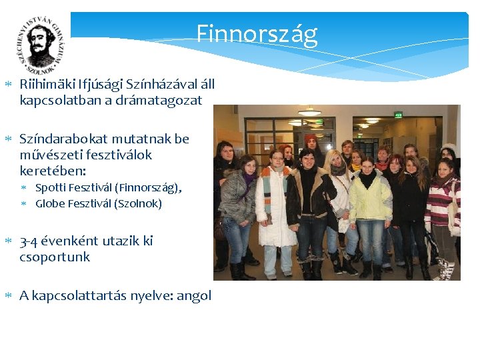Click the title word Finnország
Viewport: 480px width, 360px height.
click(x=257, y=34)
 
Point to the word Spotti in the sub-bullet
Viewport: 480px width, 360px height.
click(x=51, y=188)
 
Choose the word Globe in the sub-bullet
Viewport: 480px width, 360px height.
click(x=51, y=204)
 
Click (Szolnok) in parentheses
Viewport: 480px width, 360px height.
click(x=138, y=204)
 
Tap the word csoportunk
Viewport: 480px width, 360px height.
click(x=55, y=257)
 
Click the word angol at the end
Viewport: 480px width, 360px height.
click(x=195, y=295)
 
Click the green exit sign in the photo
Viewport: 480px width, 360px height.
click(x=398, y=114)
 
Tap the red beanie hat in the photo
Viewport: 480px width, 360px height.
click(x=311, y=138)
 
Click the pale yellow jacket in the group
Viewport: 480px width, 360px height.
click(x=371, y=195)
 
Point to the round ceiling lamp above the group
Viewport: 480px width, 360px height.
click(x=309, y=112)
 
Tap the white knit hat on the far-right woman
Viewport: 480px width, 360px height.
click(x=451, y=148)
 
